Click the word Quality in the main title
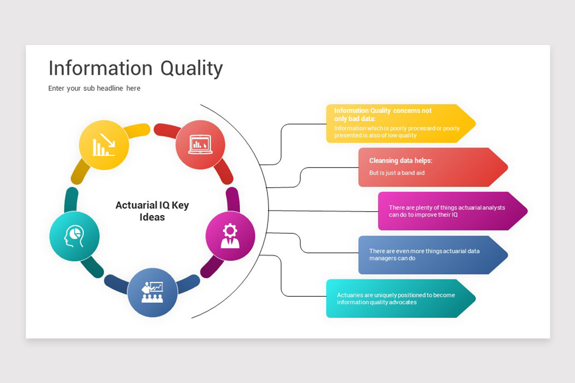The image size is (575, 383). tap(191, 68)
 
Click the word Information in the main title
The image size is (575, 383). tap(100, 68)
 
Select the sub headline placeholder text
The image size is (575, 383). tap(94, 88)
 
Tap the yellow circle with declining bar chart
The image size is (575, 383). tap(104, 145)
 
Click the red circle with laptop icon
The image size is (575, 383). tap(200, 144)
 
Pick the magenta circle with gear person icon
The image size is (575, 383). tap(230, 236)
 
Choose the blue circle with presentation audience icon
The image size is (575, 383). tap(152, 292)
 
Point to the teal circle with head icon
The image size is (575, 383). tap(74, 236)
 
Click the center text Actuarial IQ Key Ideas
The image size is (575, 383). tap(152, 211)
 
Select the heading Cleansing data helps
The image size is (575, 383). tap(401, 161)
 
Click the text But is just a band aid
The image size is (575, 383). tap(397, 173)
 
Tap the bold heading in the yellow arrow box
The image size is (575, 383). tap(382, 114)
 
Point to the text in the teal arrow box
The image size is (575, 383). tap(396, 299)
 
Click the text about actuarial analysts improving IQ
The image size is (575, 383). tap(447, 211)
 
